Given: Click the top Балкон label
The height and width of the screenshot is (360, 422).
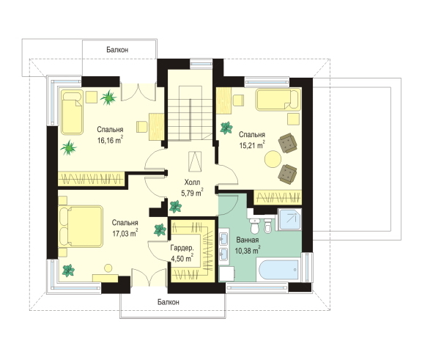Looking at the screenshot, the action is click(117, 50).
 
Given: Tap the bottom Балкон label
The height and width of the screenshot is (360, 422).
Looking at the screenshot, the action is click(169, 302).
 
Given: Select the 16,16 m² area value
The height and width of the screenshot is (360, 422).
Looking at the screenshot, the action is click(110, 140).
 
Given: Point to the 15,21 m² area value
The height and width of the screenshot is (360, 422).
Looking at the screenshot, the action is click(252, 145).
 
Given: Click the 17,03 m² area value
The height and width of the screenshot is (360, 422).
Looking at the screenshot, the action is click(125, 233).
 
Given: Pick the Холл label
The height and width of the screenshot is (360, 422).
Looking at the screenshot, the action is click(192, 183).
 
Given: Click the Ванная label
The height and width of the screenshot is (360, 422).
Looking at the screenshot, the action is click(248, 240).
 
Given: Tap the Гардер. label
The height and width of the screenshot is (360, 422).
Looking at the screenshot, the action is click(182, 248).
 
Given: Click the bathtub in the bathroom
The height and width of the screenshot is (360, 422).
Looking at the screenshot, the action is click(278, 270).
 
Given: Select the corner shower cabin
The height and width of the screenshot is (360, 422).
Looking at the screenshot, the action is click(289, 219).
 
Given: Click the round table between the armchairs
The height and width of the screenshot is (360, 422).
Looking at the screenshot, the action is click(273, 159).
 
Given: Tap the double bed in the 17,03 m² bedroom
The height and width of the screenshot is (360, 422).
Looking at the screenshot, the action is click(81, 227).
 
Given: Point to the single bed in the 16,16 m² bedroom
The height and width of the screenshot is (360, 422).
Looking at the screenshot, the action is click(72, 112).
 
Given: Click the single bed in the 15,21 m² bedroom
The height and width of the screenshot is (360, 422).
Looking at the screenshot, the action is click(278, 100).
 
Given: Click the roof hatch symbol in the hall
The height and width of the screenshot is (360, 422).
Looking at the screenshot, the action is click(195, 161).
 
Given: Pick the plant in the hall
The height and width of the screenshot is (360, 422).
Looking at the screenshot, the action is click(176, 207).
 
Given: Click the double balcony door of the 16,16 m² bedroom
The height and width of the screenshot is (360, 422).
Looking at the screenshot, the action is click(138, 92).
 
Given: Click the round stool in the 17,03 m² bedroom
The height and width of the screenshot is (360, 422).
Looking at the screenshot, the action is click(108, 268).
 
